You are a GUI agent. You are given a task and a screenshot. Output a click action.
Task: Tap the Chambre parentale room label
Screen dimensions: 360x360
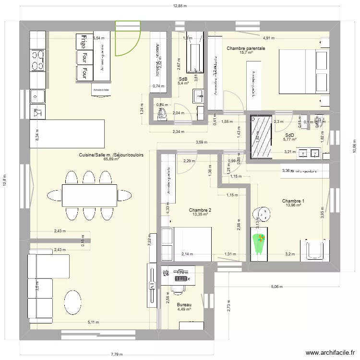[x=246, y=48]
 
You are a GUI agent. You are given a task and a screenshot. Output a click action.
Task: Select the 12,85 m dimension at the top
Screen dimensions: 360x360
[x=180, y=6]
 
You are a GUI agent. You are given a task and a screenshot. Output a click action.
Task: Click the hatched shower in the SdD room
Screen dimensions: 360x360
[x=261, y=136]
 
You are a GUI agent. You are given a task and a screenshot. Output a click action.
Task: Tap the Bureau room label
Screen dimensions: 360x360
[x=184, y=305]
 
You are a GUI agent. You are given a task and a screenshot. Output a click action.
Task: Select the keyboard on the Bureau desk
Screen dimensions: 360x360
[x=181, y=278]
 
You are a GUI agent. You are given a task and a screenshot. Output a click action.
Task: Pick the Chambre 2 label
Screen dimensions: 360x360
[x=200, y=210]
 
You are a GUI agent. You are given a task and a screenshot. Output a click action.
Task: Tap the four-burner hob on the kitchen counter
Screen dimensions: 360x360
[x=38, y=61]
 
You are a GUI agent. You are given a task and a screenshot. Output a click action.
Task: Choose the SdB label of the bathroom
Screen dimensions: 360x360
[x=183, y=79]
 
